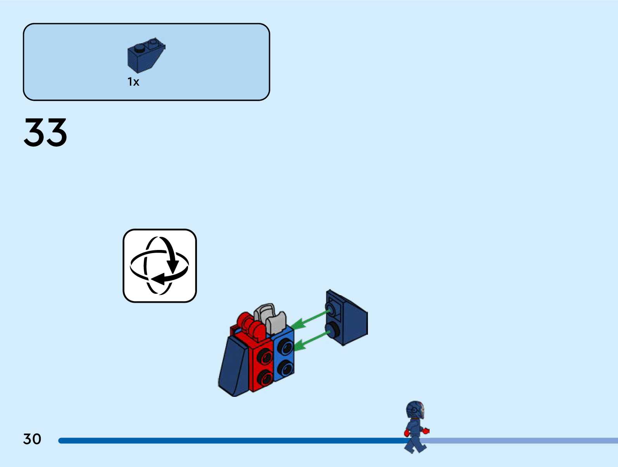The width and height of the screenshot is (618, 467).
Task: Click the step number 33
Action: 45,133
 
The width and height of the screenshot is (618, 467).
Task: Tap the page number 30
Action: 32,439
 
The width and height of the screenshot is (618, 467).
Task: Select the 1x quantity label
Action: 133,82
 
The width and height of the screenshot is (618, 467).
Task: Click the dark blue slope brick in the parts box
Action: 145,55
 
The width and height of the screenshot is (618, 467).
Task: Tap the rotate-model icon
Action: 160,266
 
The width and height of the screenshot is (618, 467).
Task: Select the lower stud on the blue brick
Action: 286,368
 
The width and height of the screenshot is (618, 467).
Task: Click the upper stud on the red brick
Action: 265,355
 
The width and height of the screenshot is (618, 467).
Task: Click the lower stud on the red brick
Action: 266,377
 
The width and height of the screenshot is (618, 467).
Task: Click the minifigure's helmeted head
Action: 415,410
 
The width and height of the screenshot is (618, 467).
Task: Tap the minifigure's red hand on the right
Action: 426,430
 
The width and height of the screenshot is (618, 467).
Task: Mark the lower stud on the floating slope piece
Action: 332,330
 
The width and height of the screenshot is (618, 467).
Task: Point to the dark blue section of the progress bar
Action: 233,441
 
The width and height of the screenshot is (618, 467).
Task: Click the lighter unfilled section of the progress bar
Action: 523,441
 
